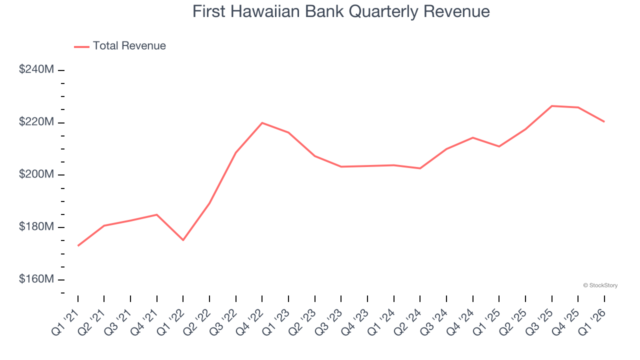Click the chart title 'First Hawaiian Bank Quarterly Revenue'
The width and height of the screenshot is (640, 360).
pos(341,11)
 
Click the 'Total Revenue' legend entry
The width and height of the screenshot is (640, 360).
pos(129,46)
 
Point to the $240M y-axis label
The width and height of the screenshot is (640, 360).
pos(36,69)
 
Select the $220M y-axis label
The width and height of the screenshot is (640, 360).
pos(36,122)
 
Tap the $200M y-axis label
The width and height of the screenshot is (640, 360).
pos(36,174)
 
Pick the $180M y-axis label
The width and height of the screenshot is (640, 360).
pos(36,227)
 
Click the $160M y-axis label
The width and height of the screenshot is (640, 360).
pos(36,279)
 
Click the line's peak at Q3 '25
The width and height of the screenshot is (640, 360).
pos(551,106)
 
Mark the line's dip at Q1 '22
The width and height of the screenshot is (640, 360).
pos(183,240)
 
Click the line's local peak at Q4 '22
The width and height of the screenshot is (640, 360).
pos(262,122)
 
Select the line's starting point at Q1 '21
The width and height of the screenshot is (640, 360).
pos(78,245)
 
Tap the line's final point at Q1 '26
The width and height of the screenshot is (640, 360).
pos(604,121)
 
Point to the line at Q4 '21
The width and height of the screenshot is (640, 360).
pos(157,214)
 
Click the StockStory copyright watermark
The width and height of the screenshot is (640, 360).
pos(600,285)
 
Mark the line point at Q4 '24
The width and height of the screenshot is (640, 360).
pos(472,137)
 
